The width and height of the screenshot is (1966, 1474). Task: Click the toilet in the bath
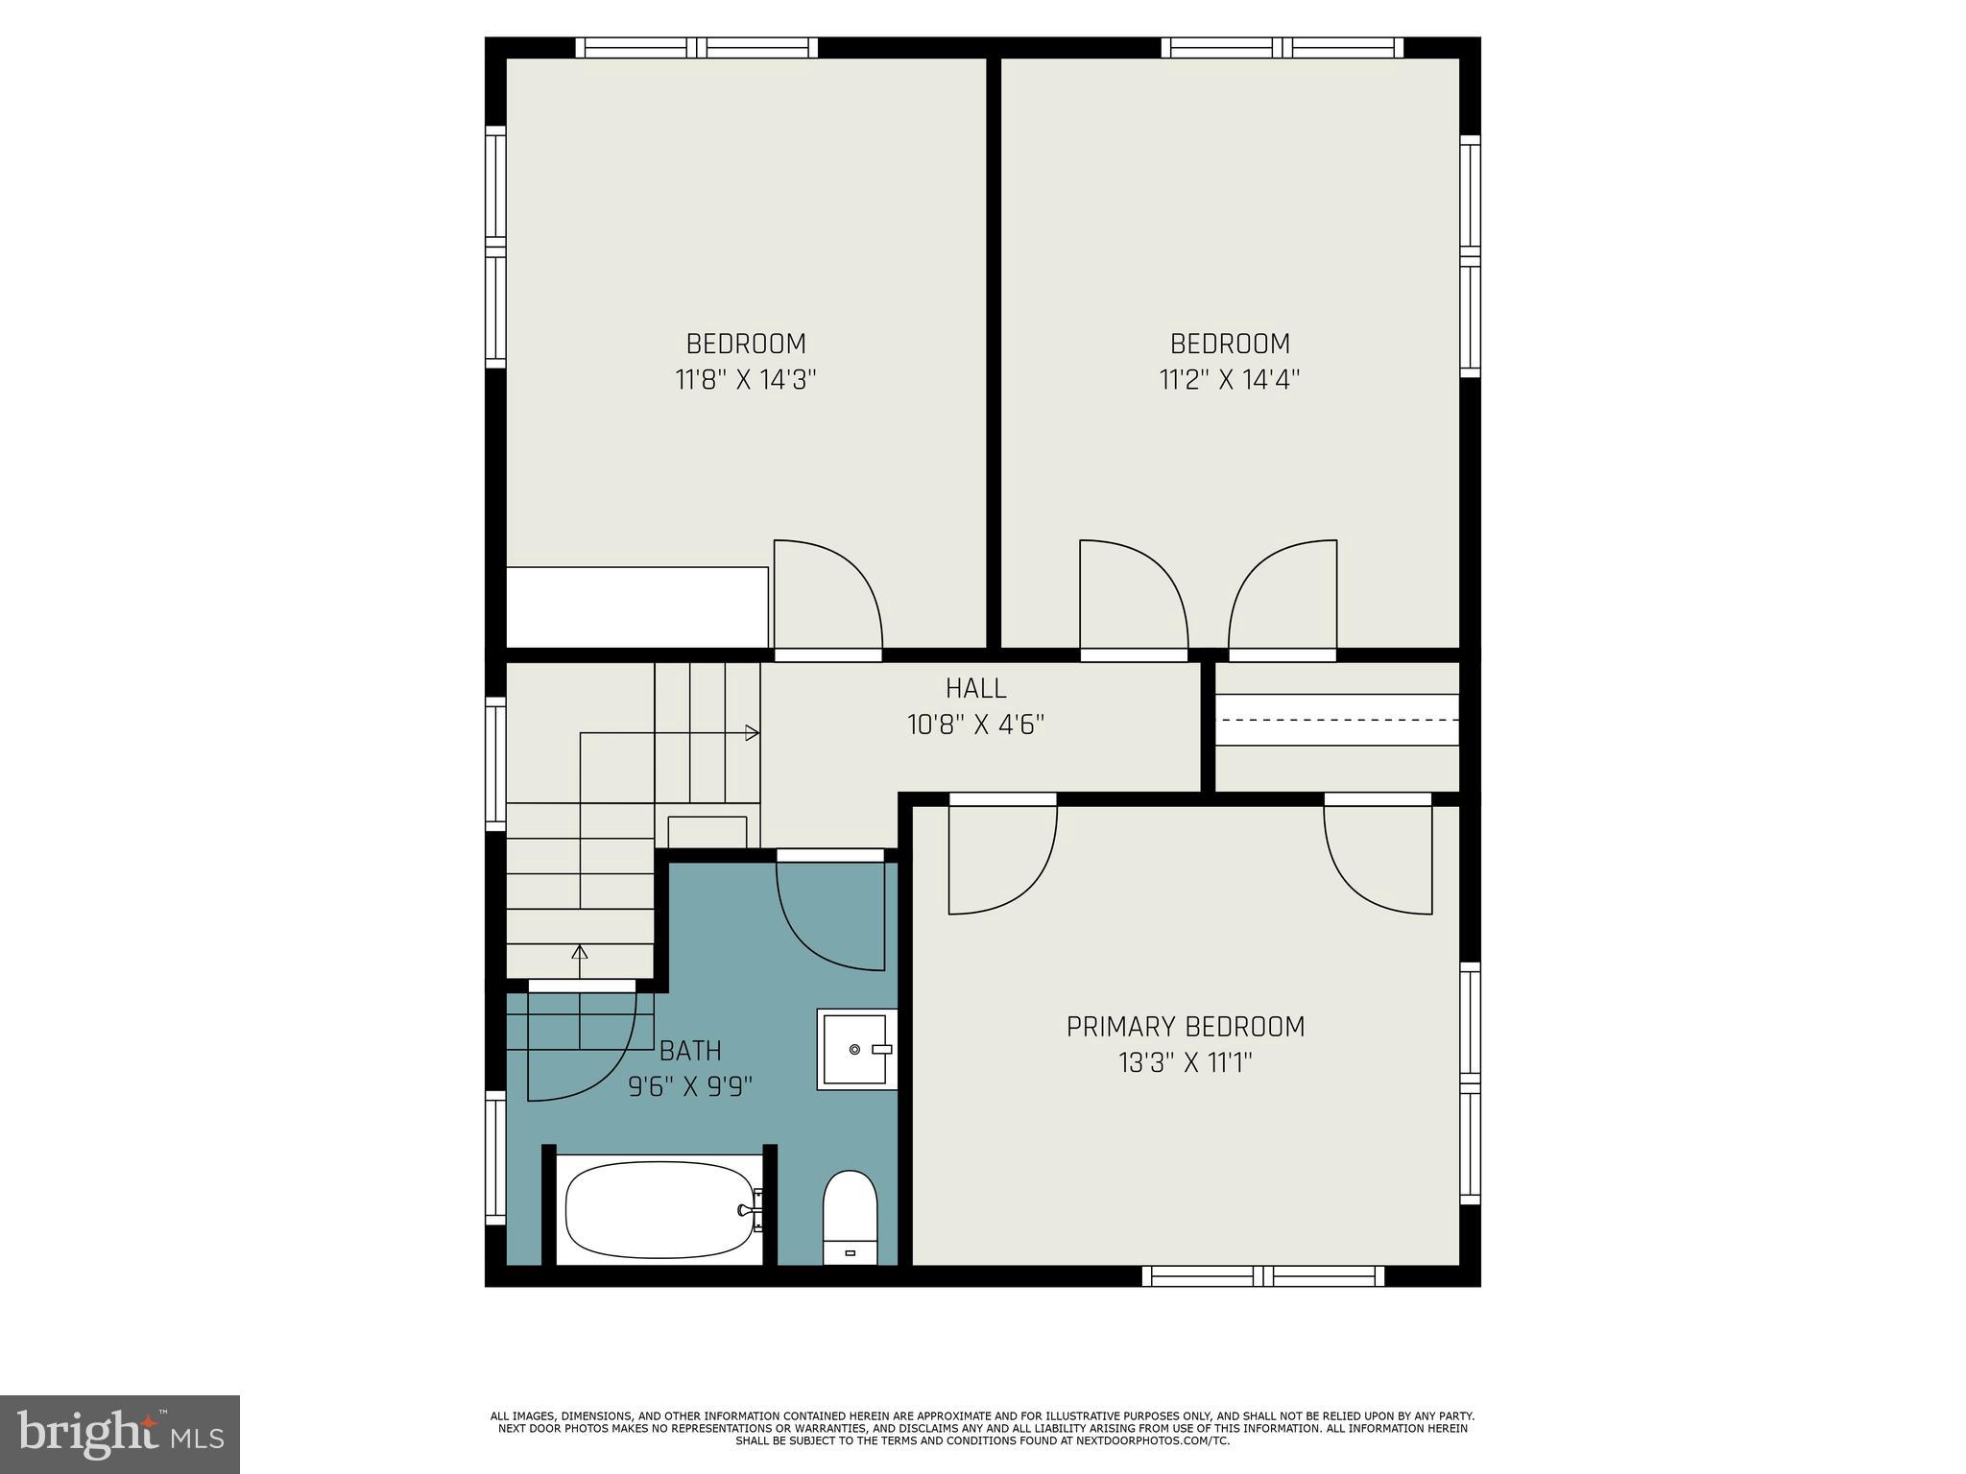851,1217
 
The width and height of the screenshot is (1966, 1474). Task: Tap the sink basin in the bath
855,1049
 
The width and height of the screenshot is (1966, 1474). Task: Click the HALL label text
975,688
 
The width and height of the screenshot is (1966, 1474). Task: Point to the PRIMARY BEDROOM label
1186,1027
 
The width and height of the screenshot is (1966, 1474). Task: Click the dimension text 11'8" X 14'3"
746,380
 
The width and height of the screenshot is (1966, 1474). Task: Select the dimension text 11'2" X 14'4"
1230,380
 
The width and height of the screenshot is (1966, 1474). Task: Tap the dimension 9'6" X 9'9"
690,1087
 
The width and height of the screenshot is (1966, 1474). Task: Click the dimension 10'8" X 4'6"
975,725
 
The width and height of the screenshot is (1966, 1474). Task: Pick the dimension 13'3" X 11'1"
1186,1063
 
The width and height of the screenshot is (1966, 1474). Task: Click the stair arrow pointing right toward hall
753,733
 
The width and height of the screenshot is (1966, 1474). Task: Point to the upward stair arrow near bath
580,953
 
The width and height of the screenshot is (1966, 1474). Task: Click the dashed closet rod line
1337,719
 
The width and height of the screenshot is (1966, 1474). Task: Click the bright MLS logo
120,1434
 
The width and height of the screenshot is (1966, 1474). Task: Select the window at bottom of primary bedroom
1263,1275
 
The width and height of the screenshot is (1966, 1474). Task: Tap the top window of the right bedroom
1283,48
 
